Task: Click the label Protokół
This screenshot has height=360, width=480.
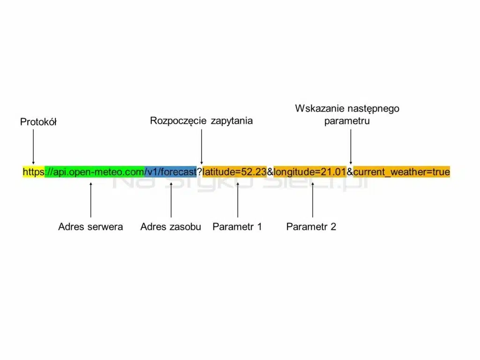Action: (38, 122)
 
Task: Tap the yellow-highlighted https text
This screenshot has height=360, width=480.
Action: (33, 172)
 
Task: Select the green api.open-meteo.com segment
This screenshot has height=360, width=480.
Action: (94, 172)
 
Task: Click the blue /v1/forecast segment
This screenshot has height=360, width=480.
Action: (171, 172)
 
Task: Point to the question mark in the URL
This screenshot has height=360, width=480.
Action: (200, 172)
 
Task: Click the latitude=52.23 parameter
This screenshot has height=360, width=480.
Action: (234, 172)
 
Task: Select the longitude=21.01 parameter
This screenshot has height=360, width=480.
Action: (310, 172)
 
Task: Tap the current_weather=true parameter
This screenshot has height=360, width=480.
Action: (402, 172)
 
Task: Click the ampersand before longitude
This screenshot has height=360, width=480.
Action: (270, 172)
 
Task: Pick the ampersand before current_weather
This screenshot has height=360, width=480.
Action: (350, 172)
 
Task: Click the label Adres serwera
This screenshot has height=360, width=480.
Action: (90, 227)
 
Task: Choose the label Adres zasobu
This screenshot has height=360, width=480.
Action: (171, 227)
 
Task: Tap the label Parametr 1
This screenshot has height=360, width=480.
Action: (237, 227)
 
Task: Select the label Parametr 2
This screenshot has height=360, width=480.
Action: (311, 227)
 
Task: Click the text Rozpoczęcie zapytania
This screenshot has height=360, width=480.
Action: (201, 121)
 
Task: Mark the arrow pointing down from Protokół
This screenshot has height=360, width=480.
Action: (33, 146)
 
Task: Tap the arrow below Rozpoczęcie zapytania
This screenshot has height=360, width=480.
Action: (201, 146)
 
